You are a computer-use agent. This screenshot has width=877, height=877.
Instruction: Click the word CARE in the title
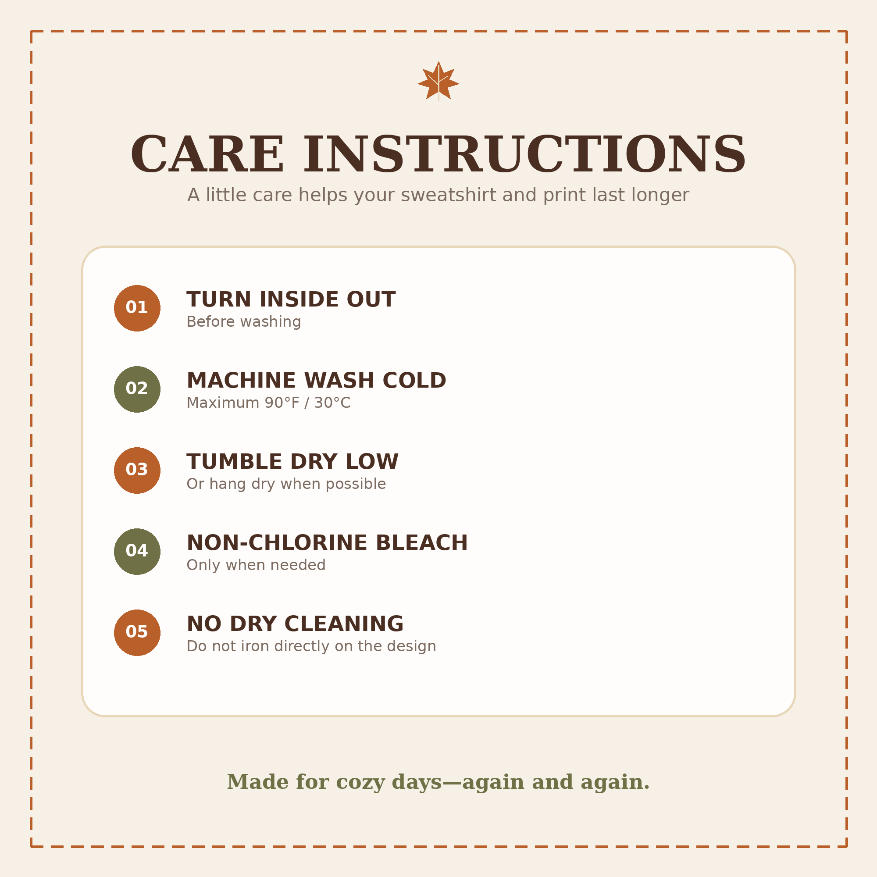pos(207,155)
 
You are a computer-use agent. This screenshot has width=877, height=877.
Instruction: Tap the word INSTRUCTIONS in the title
pos(524,155)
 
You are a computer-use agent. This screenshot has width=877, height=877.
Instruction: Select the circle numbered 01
pos(137,308)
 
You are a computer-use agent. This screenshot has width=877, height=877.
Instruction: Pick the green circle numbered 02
pos(137,389)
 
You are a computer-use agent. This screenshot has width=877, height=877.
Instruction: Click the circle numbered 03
pos(137,470)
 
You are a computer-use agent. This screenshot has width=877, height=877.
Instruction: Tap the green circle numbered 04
pos(137,552)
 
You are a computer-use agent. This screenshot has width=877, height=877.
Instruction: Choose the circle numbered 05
pos(137,633)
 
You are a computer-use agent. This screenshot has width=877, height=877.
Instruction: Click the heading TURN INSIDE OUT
pos(291,299)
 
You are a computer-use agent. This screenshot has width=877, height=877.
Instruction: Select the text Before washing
pos(244,322)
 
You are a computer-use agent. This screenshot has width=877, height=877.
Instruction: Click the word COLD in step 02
pos(414,381)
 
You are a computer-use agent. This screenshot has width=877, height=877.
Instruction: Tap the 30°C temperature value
pos(332,403)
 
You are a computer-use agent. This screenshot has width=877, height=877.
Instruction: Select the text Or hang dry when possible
pos(286,484)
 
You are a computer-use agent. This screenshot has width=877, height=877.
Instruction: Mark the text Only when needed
pos(256,565)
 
